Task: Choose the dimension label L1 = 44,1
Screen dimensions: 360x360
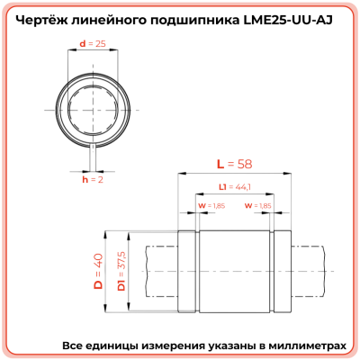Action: [235, 187]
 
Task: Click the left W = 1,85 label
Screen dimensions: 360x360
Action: [211, 206]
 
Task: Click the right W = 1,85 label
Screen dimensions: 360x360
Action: [258, 206]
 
